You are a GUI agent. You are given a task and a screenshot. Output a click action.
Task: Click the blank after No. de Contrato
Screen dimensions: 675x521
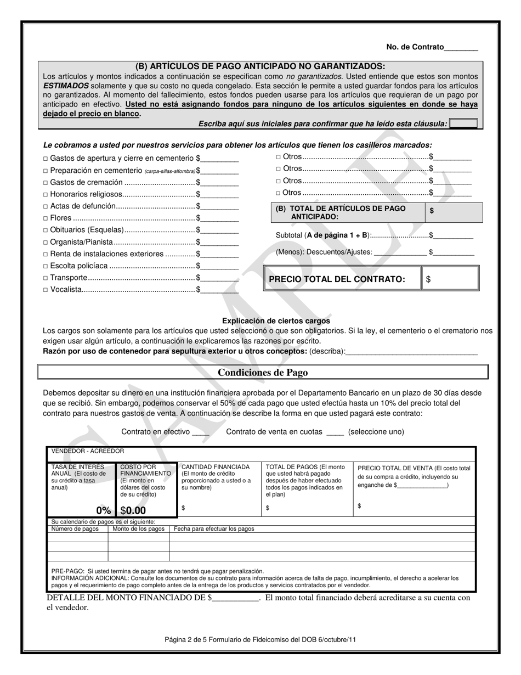click(x=461, y=48)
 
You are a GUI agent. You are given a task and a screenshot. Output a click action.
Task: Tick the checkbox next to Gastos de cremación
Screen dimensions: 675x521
click(x=46, y=183)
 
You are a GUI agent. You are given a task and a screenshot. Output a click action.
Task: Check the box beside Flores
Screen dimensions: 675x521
click(x=46, y=218)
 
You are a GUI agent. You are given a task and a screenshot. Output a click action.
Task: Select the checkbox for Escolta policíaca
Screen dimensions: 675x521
click(x=46, y=266)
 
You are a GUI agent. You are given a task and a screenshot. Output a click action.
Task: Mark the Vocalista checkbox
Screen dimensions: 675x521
click(x=46, y=290)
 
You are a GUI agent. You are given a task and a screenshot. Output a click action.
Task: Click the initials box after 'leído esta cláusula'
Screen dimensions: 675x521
click(x=463, y=124)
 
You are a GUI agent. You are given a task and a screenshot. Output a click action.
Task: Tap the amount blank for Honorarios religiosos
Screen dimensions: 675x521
click(x=220, y=194)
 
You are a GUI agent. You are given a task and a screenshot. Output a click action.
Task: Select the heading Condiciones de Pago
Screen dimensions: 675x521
click(x=263, y=373)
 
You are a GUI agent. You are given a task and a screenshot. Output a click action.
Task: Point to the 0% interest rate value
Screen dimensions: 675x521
click(x=103, y=510)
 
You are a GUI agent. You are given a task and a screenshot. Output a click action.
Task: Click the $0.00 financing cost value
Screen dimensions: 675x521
click(x=133, y=510)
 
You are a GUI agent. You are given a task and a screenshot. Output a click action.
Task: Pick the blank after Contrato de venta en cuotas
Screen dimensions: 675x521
click(x=335, y=432)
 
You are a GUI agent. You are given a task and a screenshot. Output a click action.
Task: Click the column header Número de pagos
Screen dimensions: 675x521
click(x=75, y=529)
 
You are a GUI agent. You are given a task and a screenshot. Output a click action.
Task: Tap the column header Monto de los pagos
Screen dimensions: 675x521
click(x=138, y=529)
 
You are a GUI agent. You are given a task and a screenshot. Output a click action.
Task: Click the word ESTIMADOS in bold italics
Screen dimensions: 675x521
click(x=66, y=86)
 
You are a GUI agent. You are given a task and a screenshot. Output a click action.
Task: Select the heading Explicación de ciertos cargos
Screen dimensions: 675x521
click(x=276, y=321)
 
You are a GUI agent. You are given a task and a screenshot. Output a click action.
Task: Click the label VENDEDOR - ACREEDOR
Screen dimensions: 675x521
click(x=88, y=451)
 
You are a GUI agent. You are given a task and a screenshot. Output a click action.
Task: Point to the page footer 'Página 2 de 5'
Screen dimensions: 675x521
click(x=260, y=639)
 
